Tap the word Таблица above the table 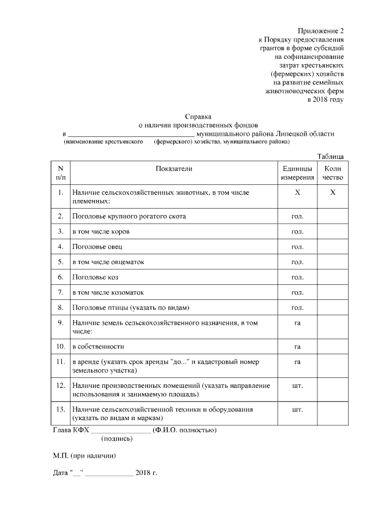(331, 156)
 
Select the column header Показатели (173, 168)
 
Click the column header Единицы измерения (297, 173)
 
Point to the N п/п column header (61, 173)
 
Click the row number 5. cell (61, 262)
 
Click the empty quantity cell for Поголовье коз (332, 277)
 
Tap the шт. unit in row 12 (297, 384)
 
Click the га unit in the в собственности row (297, 346)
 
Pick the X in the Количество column (332, 192)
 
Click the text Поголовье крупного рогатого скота (129, 216)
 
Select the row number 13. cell (61, 409)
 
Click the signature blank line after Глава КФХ (120, 431)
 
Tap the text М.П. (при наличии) (84, 456)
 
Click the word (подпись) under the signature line (117, 439)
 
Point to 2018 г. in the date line (146, 473)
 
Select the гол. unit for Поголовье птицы (297, 307)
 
